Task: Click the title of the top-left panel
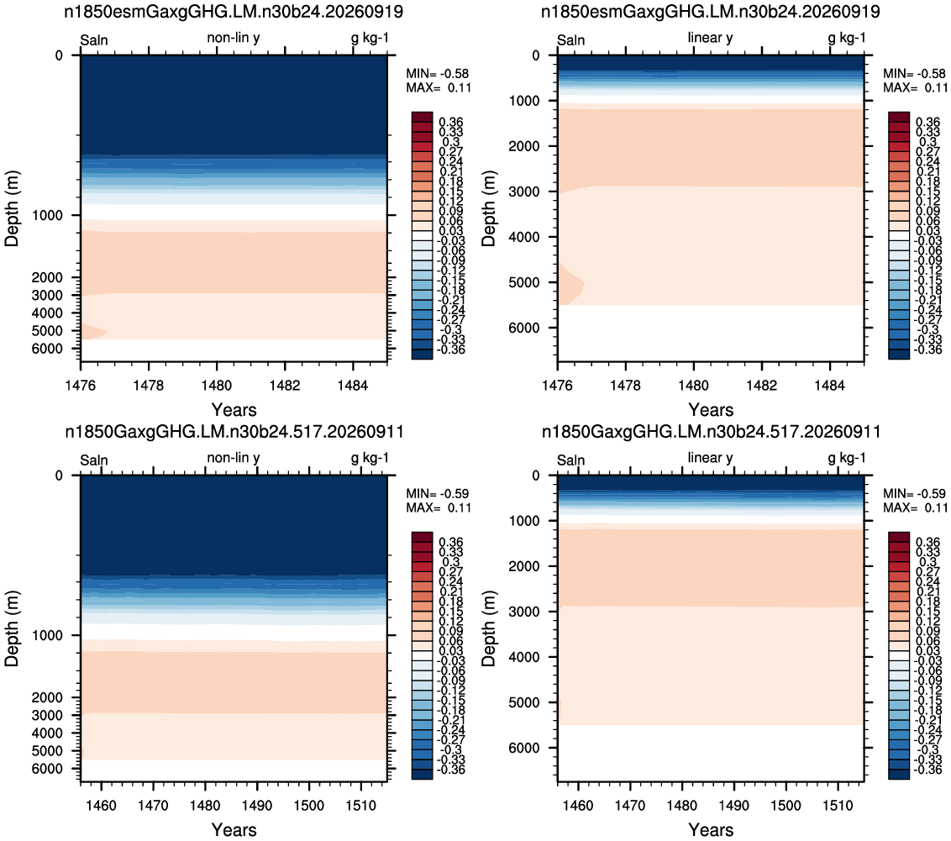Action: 234,12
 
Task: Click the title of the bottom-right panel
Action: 711,432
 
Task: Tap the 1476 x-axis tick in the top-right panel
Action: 557,385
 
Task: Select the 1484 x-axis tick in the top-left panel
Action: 352,385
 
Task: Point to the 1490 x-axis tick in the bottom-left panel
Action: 257,805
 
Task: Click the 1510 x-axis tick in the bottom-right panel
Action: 838,805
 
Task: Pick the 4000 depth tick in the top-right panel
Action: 524,237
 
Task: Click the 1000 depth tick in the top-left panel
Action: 47,215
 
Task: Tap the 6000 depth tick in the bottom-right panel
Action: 524,748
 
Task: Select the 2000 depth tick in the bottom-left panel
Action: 47,697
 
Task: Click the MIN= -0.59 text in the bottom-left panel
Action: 438,493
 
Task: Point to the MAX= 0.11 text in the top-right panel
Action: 915,87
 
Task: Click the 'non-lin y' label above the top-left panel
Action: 234,38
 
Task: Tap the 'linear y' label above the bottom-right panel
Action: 710,458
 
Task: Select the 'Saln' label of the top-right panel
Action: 570,40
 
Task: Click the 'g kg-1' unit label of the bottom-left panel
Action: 370,458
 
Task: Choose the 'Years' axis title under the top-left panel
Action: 234,410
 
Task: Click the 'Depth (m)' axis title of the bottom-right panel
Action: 489,628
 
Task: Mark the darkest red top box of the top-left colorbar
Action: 422,117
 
